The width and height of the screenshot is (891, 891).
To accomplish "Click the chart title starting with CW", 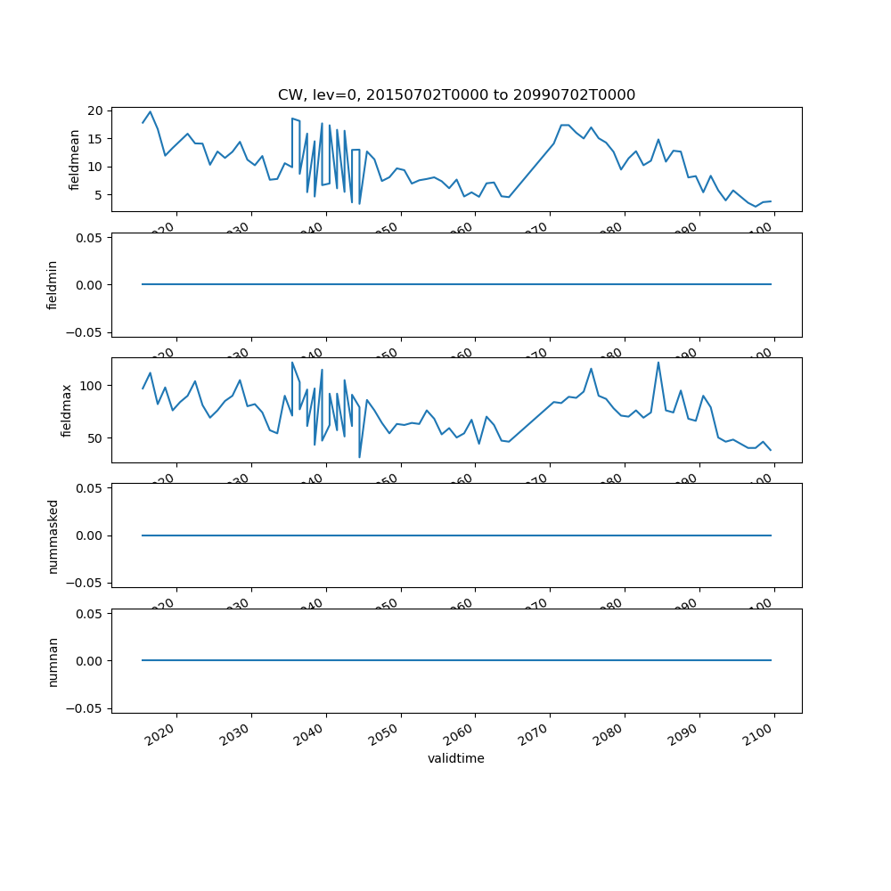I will point(456,95).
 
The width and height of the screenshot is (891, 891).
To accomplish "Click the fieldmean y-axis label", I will point(76,159).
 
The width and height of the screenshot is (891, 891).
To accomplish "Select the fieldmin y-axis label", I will point(53,285).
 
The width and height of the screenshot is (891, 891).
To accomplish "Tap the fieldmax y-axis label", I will point(66,411).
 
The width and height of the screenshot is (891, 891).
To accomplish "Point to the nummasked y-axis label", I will point(53,535).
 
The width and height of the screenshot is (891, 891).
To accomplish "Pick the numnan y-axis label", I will point(53,661).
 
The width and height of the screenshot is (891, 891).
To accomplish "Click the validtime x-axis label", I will point(456,759).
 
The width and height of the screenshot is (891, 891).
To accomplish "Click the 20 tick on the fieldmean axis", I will point(97,110).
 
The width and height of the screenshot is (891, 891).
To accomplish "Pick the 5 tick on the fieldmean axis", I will point(101,195).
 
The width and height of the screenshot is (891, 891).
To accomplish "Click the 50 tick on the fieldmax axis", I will point(97,438).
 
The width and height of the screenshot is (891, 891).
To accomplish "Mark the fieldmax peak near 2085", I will point(658,363).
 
